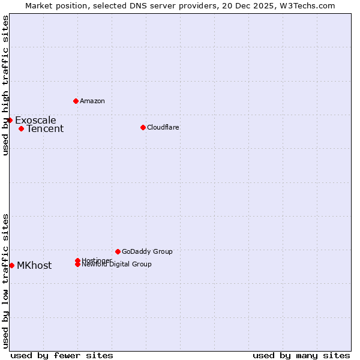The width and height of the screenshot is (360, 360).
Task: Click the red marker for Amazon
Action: point(76,101)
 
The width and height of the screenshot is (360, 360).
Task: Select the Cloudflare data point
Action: point(143,127)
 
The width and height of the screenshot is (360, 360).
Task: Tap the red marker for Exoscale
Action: point(10,120)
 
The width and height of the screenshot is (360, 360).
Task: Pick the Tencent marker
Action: point(21,128)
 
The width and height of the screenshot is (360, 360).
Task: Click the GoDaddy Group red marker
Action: point(118,251)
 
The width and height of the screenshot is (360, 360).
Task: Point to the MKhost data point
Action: point(11,265)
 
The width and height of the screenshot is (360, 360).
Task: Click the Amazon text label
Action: point(92,101)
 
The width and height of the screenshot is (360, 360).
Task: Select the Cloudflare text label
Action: point(163,127)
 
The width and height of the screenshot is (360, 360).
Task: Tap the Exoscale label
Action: point(35,120)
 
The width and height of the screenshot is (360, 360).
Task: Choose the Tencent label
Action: point(45,129)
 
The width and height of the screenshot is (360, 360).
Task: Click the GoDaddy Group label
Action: point(147,251)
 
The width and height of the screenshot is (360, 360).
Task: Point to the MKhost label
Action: point(34,266)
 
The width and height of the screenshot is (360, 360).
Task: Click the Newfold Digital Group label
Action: point(116,265)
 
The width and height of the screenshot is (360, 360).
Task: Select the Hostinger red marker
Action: point(77,260)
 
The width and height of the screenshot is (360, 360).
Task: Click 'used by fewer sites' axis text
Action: point(62,355)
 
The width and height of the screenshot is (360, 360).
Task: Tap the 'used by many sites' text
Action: point(301,355)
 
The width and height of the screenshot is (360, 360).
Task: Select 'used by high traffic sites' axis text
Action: point(5,85)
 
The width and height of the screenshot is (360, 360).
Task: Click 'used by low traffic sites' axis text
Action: point(5,280)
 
